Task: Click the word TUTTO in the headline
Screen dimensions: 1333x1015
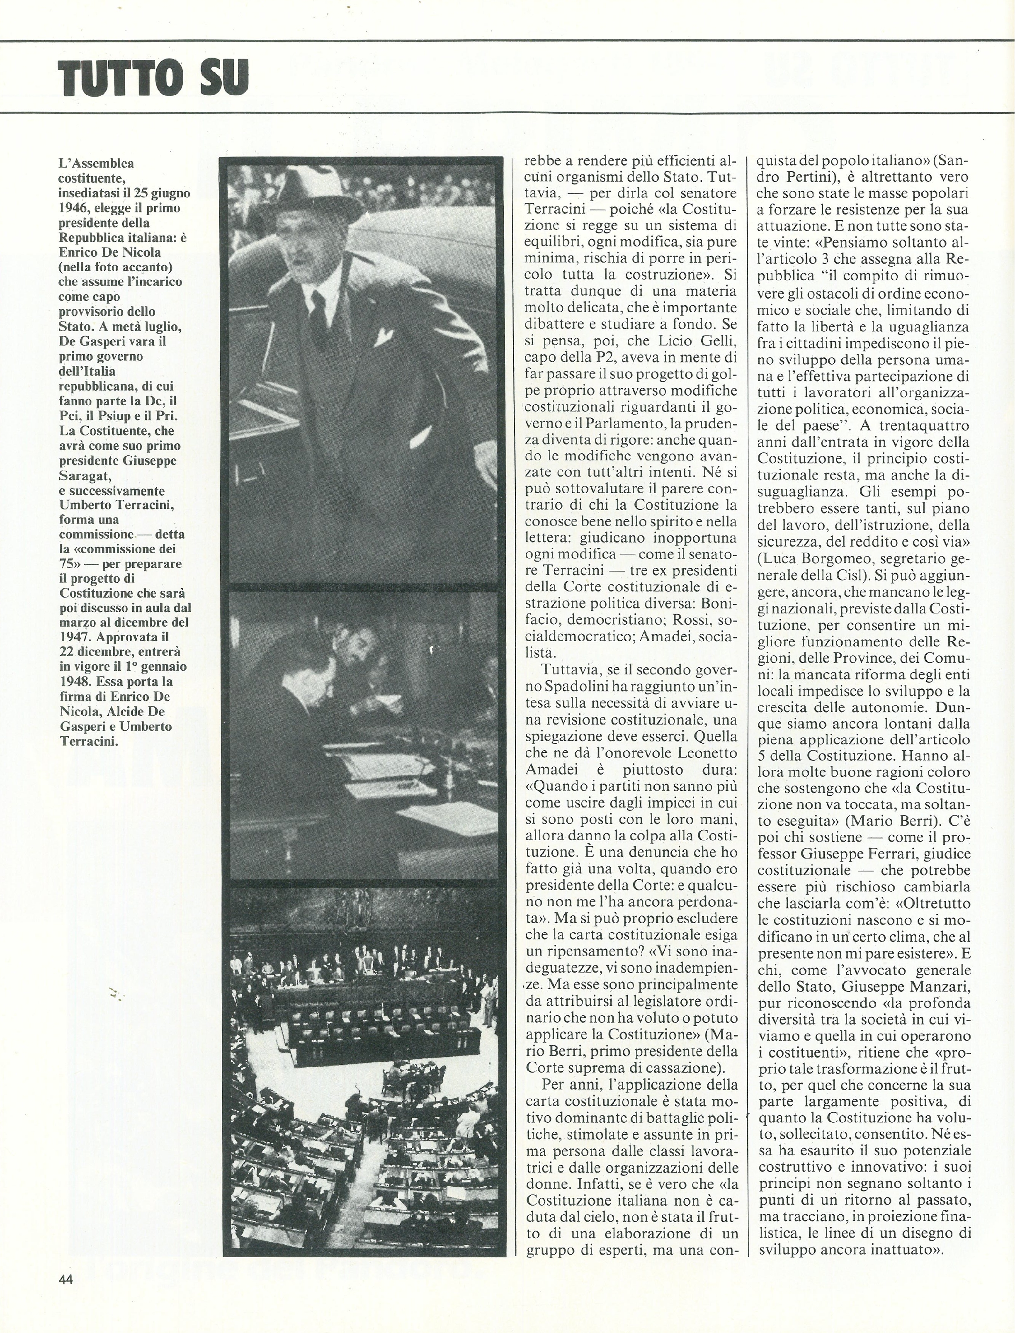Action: click(x=121, y=78)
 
